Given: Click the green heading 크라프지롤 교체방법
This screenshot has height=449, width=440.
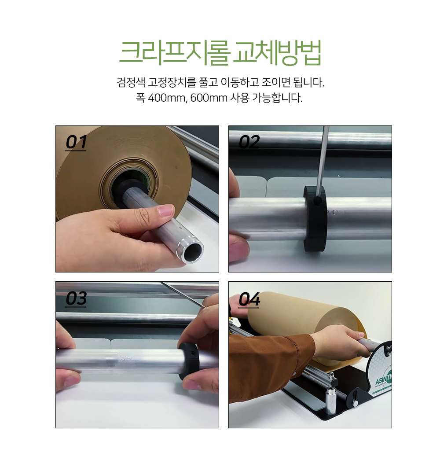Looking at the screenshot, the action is click(220, 53).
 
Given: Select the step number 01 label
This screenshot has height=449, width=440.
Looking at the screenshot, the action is click(76, 142).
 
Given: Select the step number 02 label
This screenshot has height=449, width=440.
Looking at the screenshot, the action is click(249, 142).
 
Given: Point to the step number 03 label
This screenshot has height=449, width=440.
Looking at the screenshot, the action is click(76, 298).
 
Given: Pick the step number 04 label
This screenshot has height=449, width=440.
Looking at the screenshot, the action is click(249, 299).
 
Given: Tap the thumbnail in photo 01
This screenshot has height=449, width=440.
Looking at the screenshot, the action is click(165, 210).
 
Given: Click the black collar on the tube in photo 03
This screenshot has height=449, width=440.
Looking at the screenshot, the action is click(188, 360).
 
